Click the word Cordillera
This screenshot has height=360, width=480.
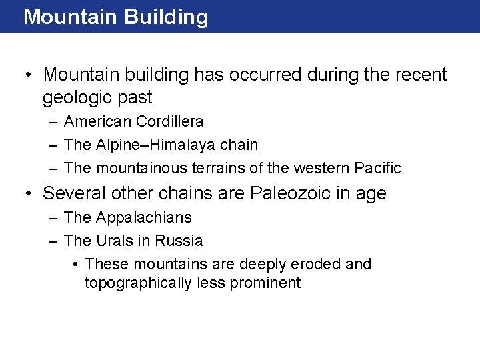tap(169, 122)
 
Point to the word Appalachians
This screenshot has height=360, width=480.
tap(144, 218)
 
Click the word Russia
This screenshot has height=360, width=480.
tap(179, 241)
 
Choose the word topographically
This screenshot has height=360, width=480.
tap(139, 283)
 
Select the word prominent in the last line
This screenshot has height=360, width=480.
tap(265, 283)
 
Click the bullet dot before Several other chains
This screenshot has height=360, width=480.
tap(28, 194)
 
